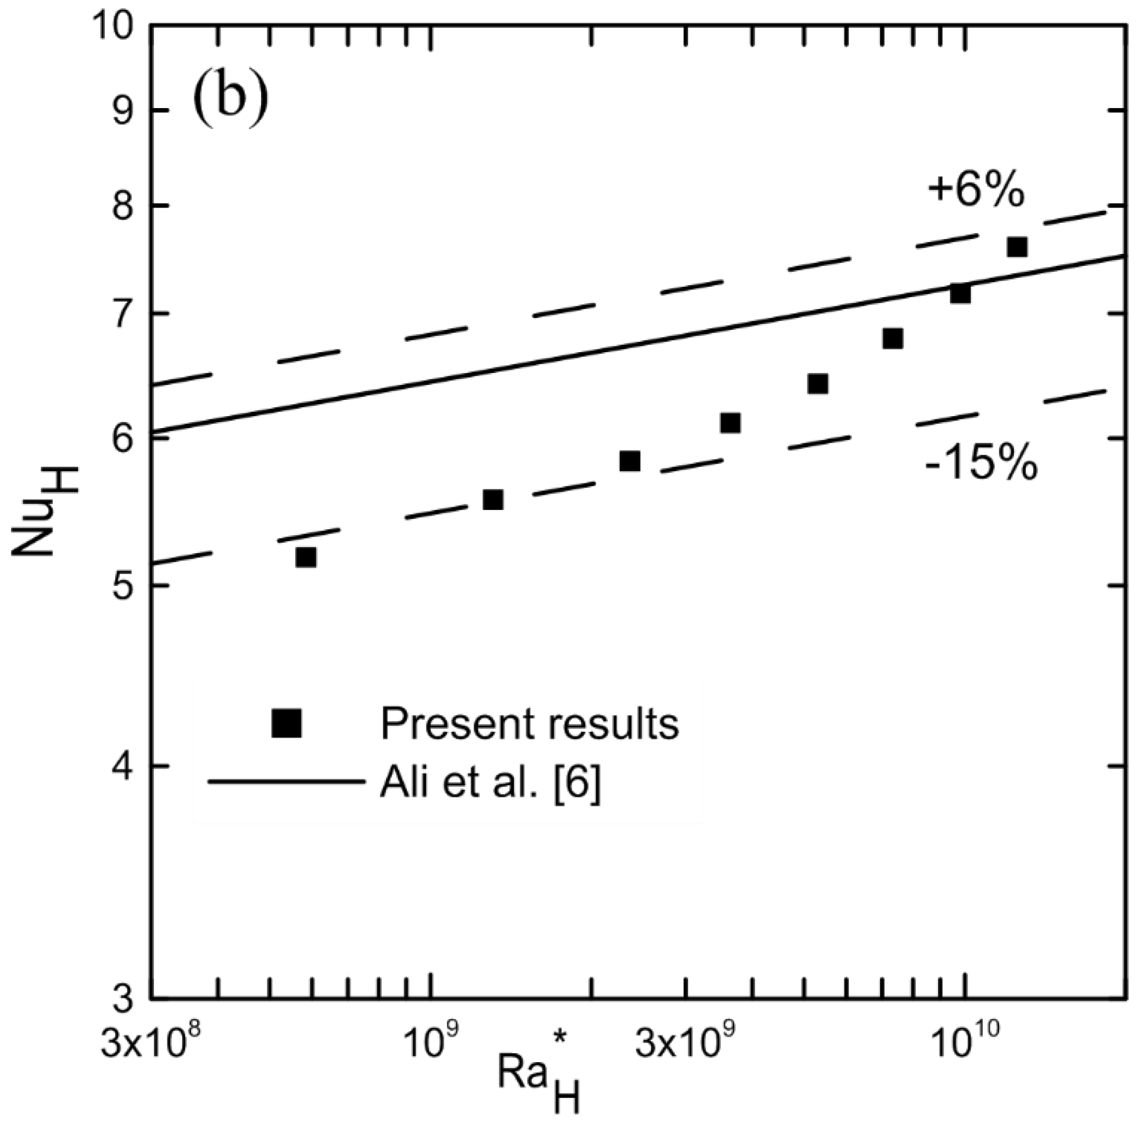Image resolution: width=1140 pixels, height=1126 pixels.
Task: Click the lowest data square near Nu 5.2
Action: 306,557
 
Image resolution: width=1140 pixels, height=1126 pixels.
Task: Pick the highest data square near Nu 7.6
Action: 1017,247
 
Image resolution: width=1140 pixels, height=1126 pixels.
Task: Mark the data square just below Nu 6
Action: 630,461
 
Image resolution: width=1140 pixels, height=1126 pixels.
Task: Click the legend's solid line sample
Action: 286,783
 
